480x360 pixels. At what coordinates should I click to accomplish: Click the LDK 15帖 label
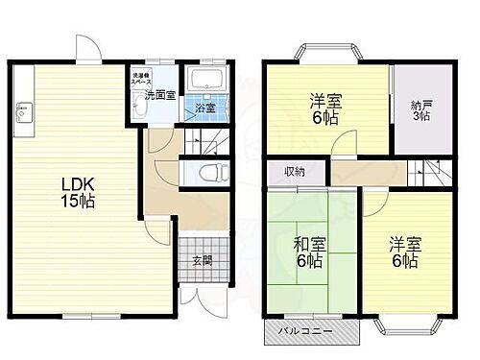[x=79, y=193]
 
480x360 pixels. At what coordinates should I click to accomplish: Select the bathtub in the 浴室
[x=204, y=82]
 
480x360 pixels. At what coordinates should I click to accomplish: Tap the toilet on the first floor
[x=213, y=174]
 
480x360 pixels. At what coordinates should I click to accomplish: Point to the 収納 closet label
[x=294, y=172]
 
